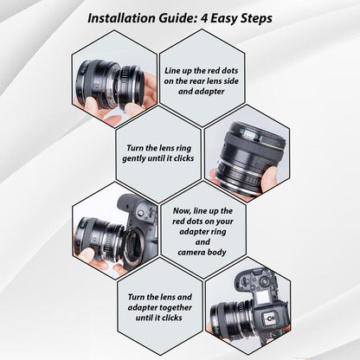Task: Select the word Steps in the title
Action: point(256,19)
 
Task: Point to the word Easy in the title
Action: point(223,19)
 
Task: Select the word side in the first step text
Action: point(231,81)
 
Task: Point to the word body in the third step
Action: point(218,253)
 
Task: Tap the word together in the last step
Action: point(174,308)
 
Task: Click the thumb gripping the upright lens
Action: point(269,179)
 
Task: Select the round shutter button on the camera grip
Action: point(141,213)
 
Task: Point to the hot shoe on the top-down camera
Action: point(270,318)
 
